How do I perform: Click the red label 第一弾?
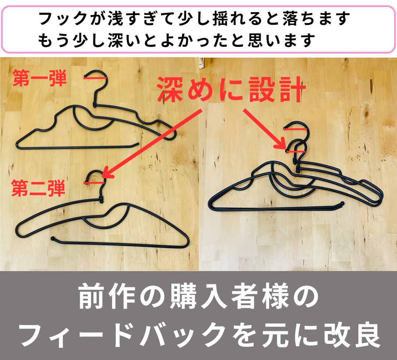pos(39,78)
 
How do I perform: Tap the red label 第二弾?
pos(38,188)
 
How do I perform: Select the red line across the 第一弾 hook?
pos(95,78)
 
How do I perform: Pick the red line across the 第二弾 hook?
pos(94,183)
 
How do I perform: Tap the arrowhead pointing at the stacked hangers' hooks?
pos(282,145)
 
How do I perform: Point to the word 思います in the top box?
pos(282,40)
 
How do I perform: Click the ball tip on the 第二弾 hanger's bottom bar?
pos(53,238)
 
